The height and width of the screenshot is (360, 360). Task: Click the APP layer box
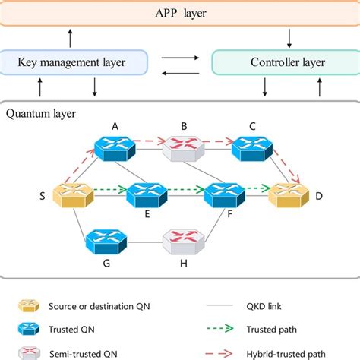click(x=179, y=13)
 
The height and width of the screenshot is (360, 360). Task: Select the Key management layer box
click(x=73, y=62)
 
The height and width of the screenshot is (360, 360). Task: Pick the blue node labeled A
click(x=112, y=146)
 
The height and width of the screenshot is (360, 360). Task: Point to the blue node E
click(x=146, y=195)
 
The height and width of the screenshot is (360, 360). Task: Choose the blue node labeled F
click(x=223, y=195)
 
